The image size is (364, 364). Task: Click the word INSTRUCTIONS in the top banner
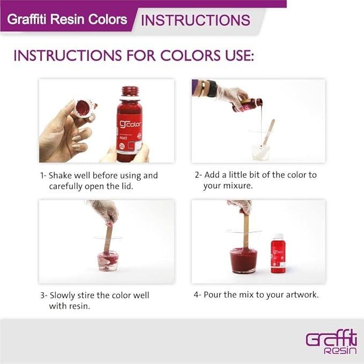[196, 20]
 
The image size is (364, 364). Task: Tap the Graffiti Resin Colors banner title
[67, 19]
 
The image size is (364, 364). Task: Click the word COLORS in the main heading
[190, 56]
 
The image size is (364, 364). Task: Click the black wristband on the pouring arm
[211, 88]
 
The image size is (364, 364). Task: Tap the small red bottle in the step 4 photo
[278, 254]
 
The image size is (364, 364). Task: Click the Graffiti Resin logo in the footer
[331, 341]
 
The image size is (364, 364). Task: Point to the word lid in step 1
[128, 186]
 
